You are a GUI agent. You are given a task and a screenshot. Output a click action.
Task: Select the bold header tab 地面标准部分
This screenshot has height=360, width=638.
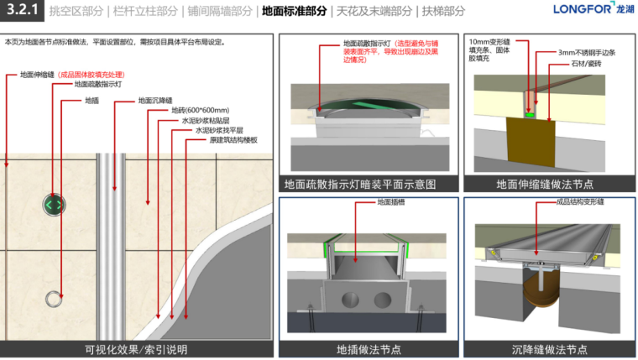click(295, 12)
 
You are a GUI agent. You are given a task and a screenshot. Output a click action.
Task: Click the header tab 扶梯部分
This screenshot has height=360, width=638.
click(443, 12)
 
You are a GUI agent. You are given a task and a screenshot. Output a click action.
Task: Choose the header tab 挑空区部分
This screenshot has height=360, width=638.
click(76, 12)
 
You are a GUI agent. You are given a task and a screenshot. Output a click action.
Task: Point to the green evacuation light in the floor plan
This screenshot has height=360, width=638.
click(55, 204)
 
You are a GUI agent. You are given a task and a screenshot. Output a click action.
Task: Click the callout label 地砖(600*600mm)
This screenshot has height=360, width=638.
click(200, 111)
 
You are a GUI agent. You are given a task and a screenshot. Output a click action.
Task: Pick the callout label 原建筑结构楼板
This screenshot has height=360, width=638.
click(233, 141)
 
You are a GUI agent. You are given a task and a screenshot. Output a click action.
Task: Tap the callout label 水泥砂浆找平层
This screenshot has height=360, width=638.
click(219, 131)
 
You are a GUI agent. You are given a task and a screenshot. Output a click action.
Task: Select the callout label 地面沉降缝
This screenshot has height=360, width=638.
click(156, 100)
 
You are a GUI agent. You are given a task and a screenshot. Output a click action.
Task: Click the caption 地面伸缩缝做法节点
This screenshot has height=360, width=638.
click(545, 184)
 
